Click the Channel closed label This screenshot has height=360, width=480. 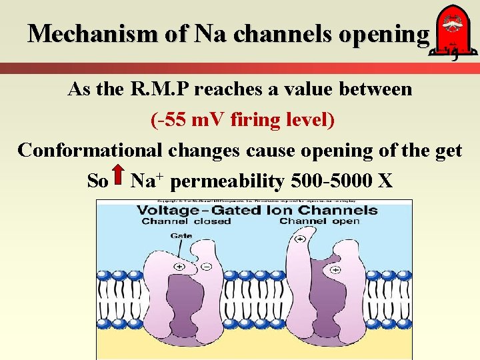click(x=186, y=221)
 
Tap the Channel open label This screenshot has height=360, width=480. click(x=319, y=221)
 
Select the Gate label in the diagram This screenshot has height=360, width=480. click(x=181, y=235)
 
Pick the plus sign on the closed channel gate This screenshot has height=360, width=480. click(x=180, y=266)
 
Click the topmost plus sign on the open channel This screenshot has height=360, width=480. click(x=301, y=238)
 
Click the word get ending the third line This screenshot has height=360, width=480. click(x=445, y=150)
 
